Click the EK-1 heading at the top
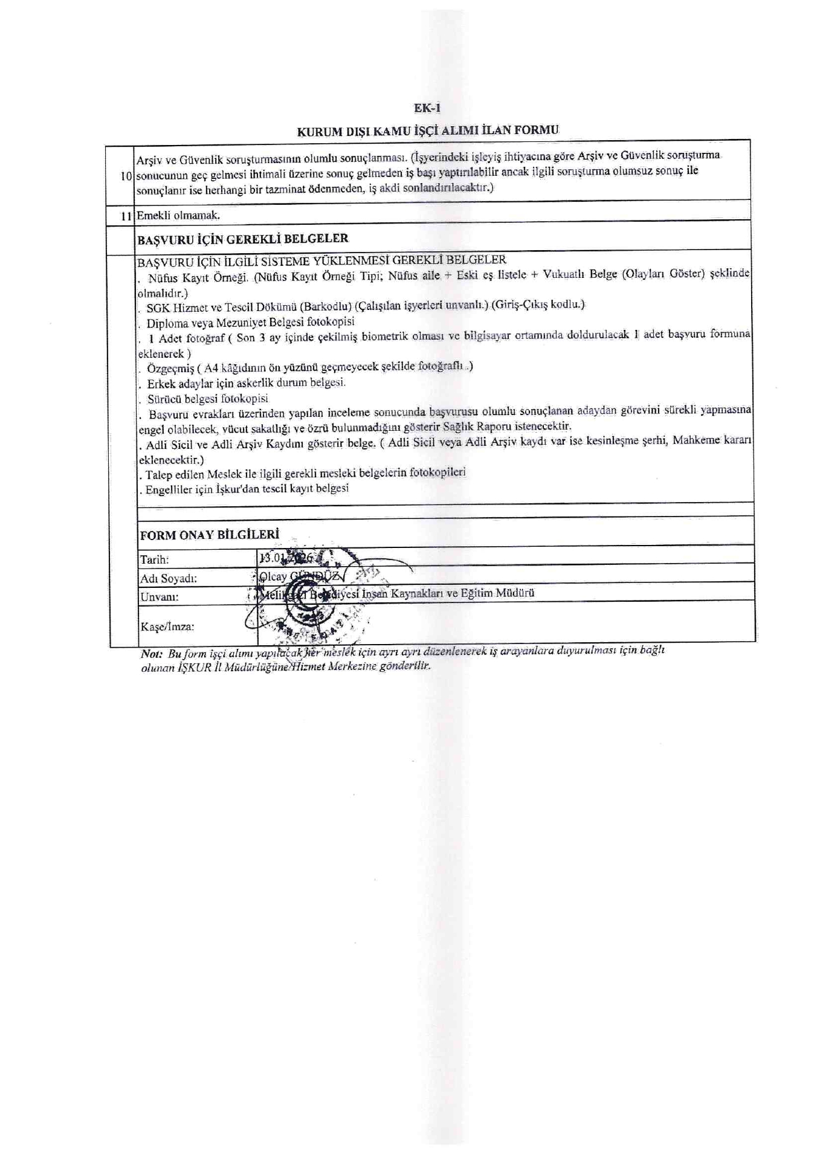click(427, 109)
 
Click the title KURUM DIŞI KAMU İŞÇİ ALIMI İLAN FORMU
click(428, 130)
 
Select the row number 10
click(126, 176)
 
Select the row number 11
click(126, 216)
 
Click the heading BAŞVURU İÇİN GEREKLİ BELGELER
click(243, 239)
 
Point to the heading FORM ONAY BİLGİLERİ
click(210, 535)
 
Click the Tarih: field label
click(155, 559)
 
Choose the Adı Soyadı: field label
click(169, 578)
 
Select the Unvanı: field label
click(159, 597)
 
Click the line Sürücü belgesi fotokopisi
click(207, 399)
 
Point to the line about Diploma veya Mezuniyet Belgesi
click(250, 322)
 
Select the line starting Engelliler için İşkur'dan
click(247, 489)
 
